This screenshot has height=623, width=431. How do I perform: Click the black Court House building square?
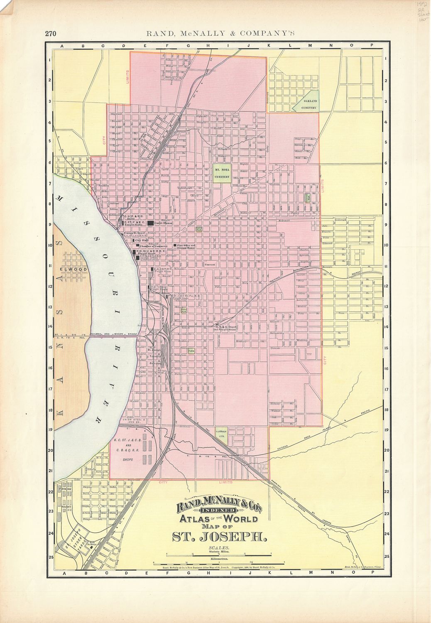point(150,223)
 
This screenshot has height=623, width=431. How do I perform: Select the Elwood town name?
point(73,270)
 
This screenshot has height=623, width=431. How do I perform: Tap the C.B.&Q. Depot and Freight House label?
point(228,328)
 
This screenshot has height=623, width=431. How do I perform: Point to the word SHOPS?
point(127,460)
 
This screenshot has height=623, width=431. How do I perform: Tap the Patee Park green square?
point(183,310)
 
